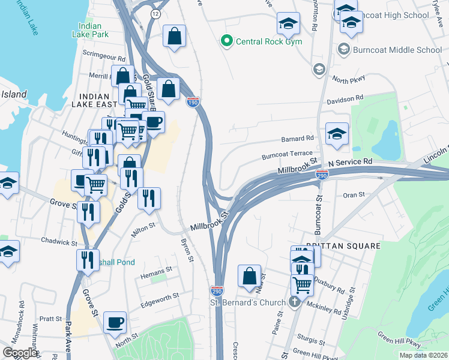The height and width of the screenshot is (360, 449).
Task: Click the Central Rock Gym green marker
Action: tap(226, 41)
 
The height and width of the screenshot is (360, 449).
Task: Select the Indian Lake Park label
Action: tap(93, 31)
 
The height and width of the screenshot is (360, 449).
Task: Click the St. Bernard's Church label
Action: tap(250, 302)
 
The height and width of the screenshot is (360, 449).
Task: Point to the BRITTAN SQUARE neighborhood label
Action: tap(343, 246)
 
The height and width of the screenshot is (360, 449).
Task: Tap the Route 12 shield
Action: tap(156, 13)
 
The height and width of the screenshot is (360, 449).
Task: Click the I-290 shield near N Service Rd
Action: tap(322, 174)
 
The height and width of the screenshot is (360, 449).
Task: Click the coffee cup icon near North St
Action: tap(115, 322)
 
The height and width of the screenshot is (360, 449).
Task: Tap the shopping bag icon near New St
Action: tap(249, 276)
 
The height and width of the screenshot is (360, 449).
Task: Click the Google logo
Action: tap(20, 352)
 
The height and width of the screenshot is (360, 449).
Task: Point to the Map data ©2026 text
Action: tap(423, 355)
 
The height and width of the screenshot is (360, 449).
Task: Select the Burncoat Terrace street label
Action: tap(287, 155)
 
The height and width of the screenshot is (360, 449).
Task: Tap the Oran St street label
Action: tap(354, 194)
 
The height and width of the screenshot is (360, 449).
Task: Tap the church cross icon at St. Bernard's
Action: tap(294, 301)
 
